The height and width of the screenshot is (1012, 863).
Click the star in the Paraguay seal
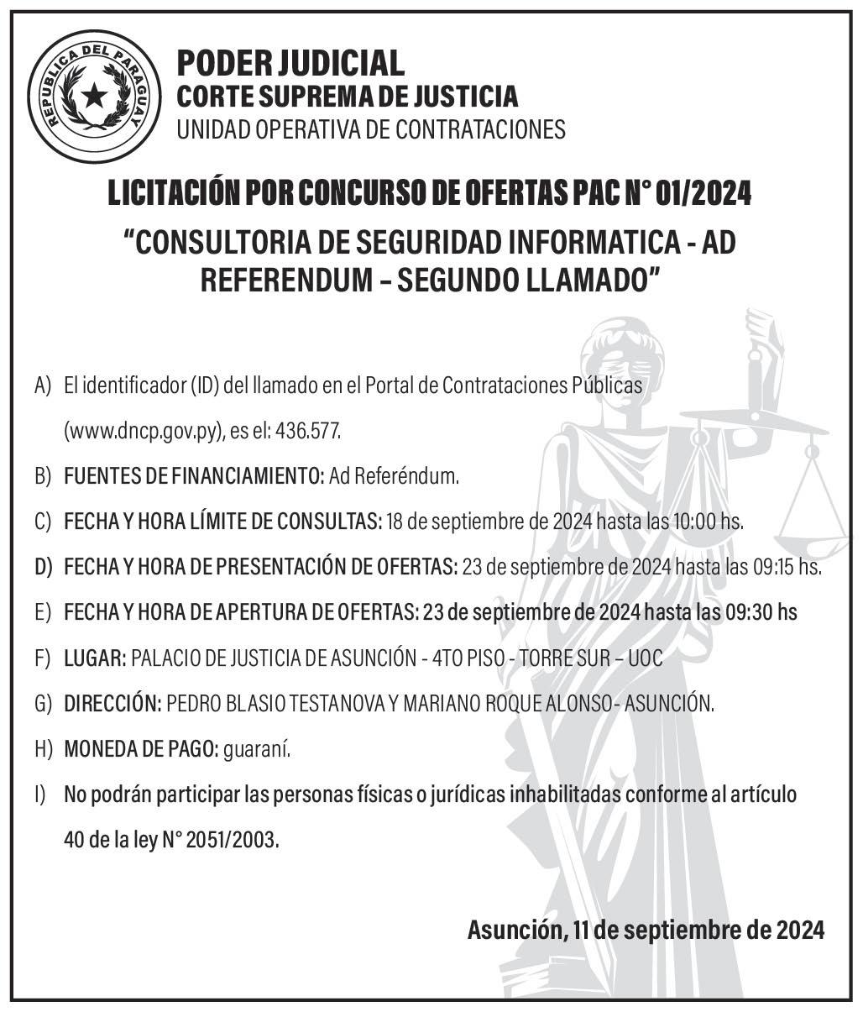(94, 96)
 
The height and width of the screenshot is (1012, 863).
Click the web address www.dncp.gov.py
(144, 432)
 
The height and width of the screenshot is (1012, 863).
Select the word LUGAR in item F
(93, 658)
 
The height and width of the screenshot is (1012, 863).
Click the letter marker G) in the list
(44, 704)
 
